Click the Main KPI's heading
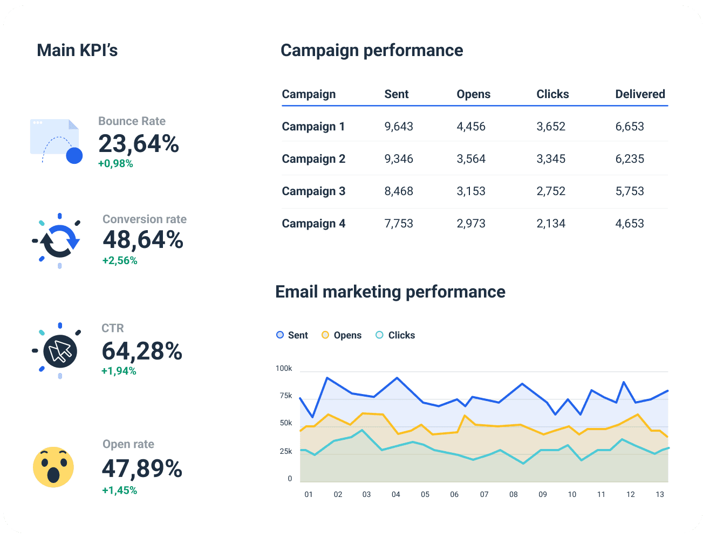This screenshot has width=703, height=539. point(77,50)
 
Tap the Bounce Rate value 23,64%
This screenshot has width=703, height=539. point(139,144)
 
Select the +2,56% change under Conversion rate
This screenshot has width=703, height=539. point(120,261)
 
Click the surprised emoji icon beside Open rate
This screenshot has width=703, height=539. point(53,467)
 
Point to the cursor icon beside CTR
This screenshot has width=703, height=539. point(60,351)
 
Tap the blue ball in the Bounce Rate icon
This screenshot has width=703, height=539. point(74,156)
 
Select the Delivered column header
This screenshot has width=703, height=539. point(640,94)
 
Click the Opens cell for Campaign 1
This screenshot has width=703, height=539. point(471,127)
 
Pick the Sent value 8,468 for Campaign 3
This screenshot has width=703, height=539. point(399,191)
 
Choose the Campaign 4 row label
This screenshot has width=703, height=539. point(313,224)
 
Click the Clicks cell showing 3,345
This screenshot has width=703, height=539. point(551,159)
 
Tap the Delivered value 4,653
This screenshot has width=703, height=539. point(630,224)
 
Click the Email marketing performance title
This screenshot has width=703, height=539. point(390,292)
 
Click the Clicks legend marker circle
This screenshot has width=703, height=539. point(379,335)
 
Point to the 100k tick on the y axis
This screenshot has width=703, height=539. point(284,369)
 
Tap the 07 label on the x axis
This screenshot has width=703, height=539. point(484,494)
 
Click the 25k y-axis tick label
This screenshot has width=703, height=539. point(285,452)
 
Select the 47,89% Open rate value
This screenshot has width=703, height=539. point(142,468)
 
